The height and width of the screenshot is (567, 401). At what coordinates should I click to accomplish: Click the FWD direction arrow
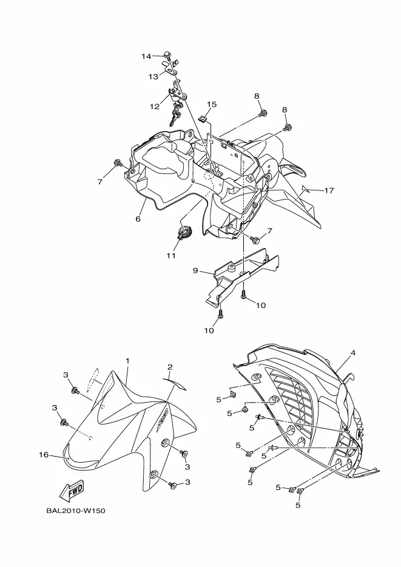pyautogui.click(x=72, y=490)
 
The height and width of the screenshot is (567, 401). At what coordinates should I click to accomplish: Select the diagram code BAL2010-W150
pyautogui.click(x=76, y=511)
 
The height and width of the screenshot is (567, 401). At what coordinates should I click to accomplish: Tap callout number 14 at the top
pyautogui.click(x=146, y=56)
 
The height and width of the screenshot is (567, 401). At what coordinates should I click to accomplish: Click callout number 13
pyautogui.click(x=153, y=76)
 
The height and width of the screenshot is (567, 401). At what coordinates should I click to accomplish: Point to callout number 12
pyautogui.click(x=155, y=106)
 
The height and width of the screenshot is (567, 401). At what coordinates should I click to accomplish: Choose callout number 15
pyautogui.click(x=212, y=104)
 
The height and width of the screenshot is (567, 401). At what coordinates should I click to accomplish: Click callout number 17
pyautogui.click(x=329, y=190)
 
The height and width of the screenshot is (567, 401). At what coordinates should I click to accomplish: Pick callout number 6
pyautogui.click(x=138, y=219)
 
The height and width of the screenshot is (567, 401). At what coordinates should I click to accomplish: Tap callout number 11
pyautogui.click(x=171, y=255)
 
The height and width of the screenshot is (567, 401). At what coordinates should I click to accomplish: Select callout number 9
pyautogui.click(x=195, y=270)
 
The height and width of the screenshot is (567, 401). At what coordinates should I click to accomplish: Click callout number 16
pyautogui.click(x=44, y=455)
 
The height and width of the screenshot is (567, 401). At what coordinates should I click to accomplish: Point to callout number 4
pyautogui.click(x=353, y=352)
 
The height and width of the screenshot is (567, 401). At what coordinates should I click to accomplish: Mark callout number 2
pyautogui.click(x=170, y=367)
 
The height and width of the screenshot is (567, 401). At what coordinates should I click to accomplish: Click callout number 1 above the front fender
pyautogui.click(x=127, y=361)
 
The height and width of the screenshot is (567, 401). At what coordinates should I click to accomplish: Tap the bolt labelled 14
pyautogui.click(x=167, y=55)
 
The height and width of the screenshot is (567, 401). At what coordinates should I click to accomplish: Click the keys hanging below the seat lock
pyautogui.click(x=176, y=113)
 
